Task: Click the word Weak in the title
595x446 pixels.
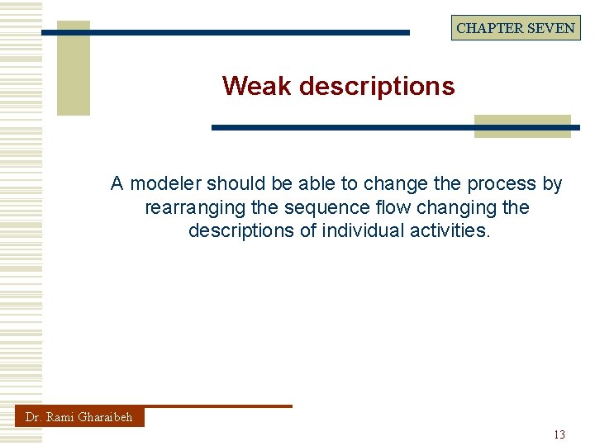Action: pos(256,86)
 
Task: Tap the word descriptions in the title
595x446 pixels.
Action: pos(376,86)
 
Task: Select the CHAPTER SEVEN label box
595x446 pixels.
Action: pos(516,27)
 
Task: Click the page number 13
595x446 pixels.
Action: pos(559,434)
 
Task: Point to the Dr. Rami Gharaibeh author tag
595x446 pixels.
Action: pos(79,417)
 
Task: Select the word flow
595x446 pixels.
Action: pos(350,206)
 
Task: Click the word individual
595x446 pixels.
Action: pos(363,230)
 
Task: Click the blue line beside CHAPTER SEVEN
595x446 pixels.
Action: pos(248,33)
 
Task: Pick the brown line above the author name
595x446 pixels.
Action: pos(218,406)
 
